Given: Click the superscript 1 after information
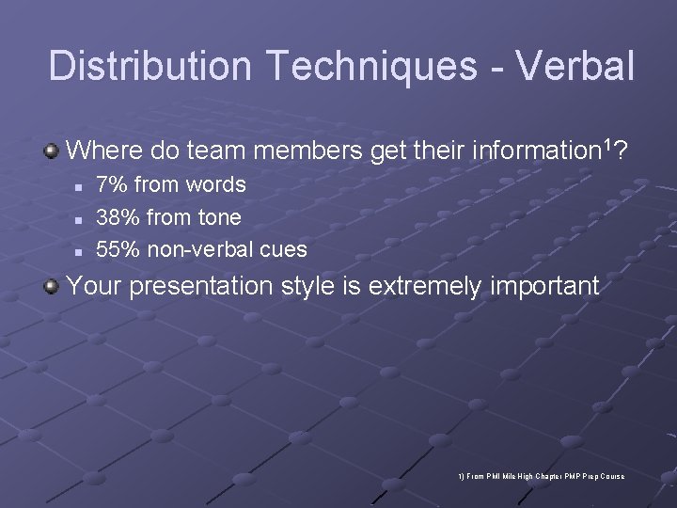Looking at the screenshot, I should (609, 145).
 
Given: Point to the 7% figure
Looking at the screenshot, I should (113, 185).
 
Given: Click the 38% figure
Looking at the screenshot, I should (118, 217).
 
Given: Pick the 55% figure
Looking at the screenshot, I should (118, 249).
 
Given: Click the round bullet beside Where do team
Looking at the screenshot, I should (53, 151).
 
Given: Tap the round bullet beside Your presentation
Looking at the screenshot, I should (53, 286).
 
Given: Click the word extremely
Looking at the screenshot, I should (424, 286).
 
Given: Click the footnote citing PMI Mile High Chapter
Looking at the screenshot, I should (541, 477).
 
